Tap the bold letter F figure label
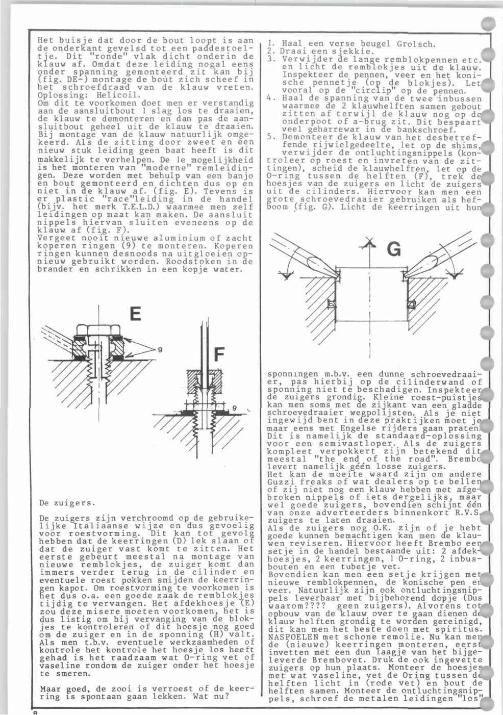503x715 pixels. pyautogui.click(x=219, y=354)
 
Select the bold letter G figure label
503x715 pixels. pyautogui.click(x=394, y=249)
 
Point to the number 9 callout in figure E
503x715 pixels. pyautogui.click(x=160, y=350)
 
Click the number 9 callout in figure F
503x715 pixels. pyautogui.click(x=234, y=408)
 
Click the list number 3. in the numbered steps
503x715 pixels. pyautogui.click(x=271, y=59)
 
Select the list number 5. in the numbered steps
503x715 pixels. pyautogui.click(x=271, y=136)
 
